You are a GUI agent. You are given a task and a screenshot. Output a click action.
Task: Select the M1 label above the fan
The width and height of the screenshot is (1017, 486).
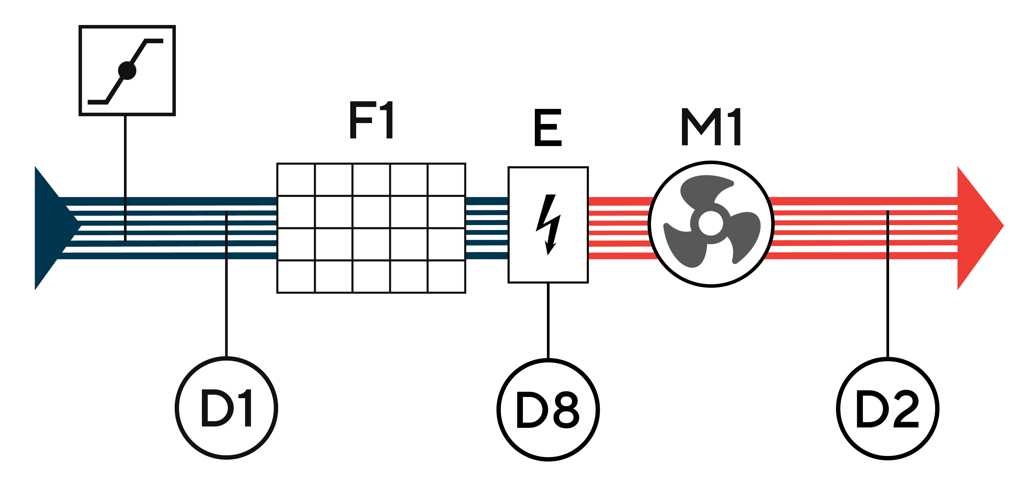711,127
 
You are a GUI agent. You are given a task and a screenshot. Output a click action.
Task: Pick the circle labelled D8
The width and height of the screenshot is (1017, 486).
548,409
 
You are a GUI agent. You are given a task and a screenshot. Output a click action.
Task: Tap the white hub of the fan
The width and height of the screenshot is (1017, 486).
711,223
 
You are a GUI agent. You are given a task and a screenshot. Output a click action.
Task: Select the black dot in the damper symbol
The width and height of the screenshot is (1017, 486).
127,71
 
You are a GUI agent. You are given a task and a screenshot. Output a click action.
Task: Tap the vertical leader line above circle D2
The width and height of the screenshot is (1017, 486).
888,284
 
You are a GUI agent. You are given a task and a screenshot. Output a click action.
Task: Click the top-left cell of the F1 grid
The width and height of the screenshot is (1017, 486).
296,180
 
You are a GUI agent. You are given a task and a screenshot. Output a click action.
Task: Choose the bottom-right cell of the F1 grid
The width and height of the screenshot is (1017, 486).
446,276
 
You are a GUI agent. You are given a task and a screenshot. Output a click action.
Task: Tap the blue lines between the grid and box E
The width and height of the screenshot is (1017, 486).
487,228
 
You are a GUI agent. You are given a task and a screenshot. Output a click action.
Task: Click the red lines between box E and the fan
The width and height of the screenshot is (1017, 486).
619,228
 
